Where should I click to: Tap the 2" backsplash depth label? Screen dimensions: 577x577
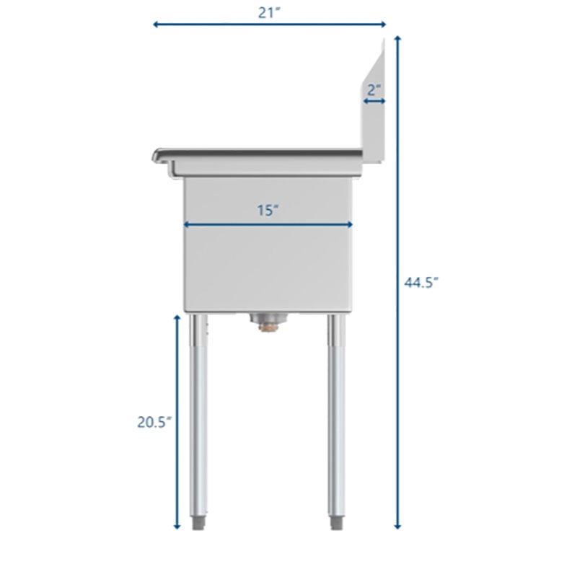[373, 90]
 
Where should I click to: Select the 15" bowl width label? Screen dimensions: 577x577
[268, 211]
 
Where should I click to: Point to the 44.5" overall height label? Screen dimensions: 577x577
[421, 283]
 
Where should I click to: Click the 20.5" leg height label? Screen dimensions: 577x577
[154, 423]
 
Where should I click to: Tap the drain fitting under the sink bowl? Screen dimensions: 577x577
[268, 322]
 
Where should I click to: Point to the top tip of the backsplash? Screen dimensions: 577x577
[383, 40]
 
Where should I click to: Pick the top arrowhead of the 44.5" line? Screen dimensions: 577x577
[397, 37]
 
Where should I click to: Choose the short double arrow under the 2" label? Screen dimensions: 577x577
[374, 102]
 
